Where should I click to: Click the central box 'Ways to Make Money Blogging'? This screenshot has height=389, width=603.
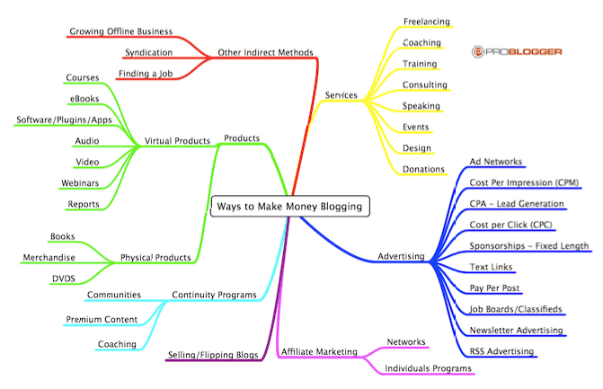point(290,207)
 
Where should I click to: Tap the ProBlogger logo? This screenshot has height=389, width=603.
point(517,51)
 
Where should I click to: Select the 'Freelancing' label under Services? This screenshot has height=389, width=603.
point(427,22)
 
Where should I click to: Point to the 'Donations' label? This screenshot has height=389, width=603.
point(423,169)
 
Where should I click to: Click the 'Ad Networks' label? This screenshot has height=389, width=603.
point(496,162)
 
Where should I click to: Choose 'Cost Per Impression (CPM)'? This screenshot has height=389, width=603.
point(524,182)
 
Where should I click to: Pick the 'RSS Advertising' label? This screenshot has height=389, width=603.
point(501,351)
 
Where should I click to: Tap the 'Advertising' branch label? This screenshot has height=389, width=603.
point(401,256)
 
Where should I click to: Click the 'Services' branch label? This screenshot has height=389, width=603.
point(341,95)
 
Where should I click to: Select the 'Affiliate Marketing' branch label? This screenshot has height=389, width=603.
point(319,351)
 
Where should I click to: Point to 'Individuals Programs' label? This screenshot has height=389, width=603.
point(428,368)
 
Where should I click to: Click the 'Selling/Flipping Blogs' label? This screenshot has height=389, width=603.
point(213,355)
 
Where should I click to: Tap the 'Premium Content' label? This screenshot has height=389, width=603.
point(102,320)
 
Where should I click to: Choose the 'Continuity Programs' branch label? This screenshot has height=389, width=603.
point(214,295)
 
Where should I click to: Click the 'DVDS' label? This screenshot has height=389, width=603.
point(64,278)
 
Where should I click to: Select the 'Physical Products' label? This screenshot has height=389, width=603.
point(155,258)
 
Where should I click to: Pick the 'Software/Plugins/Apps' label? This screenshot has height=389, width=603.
point(64,119)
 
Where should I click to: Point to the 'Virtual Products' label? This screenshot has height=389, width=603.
point(177,141)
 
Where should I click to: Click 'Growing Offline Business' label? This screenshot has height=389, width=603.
point(120,31)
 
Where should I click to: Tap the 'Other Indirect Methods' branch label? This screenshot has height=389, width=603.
point(265,53)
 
